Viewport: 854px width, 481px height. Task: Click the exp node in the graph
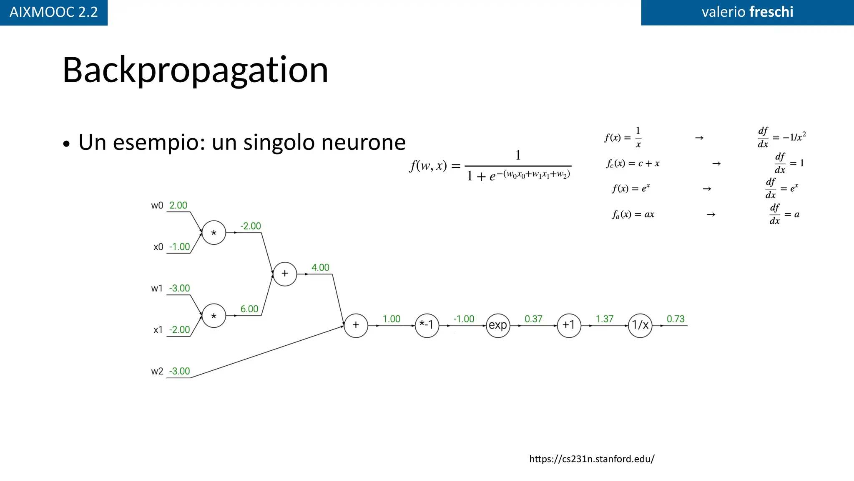tap(498, 325)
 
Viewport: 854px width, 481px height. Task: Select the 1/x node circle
tap(640, 325)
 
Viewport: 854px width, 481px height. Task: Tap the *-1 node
tap(427, 325)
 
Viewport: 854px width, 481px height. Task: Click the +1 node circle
tap(569, 325)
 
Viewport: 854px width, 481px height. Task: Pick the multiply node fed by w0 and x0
tap(214, 233)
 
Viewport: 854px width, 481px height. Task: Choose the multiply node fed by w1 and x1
tap(214, 316)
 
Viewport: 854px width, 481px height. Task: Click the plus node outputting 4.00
tap(285, 274)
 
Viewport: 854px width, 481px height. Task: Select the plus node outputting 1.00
tap(356, 325)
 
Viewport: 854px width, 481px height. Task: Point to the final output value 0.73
tap(676, 319)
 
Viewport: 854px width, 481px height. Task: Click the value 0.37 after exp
tap(533, 319)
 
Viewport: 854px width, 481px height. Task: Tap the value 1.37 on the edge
tap(605, 319)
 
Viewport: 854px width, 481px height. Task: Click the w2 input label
tap(157, 371)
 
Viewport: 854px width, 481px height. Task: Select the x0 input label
tap(158, 247)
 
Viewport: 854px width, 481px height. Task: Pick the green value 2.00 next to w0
tap(178, 205)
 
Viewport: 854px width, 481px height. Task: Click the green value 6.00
tap(249, 309)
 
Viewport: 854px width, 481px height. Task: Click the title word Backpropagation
tap(195, 70)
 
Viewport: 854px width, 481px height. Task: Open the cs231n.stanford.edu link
tap(591, 459)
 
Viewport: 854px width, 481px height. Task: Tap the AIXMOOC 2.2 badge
tap(53, 12)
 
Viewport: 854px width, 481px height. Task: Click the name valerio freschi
tap(747, 12)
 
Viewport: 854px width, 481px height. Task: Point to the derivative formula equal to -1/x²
tap(781, 137)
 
